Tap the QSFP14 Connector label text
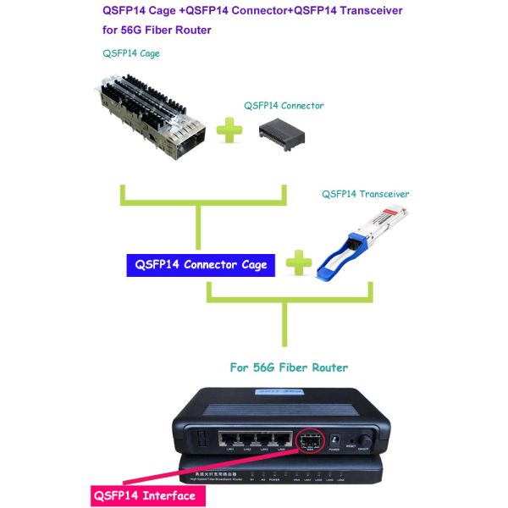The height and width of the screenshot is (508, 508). point(284,106)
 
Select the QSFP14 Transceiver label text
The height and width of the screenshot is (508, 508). point(365,194)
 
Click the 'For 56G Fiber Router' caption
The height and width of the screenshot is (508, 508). point(290,367)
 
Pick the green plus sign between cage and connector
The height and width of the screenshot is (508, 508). point(229,130)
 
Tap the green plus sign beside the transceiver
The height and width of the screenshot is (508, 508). point(298,263)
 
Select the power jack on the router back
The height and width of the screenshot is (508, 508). point(334,440)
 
